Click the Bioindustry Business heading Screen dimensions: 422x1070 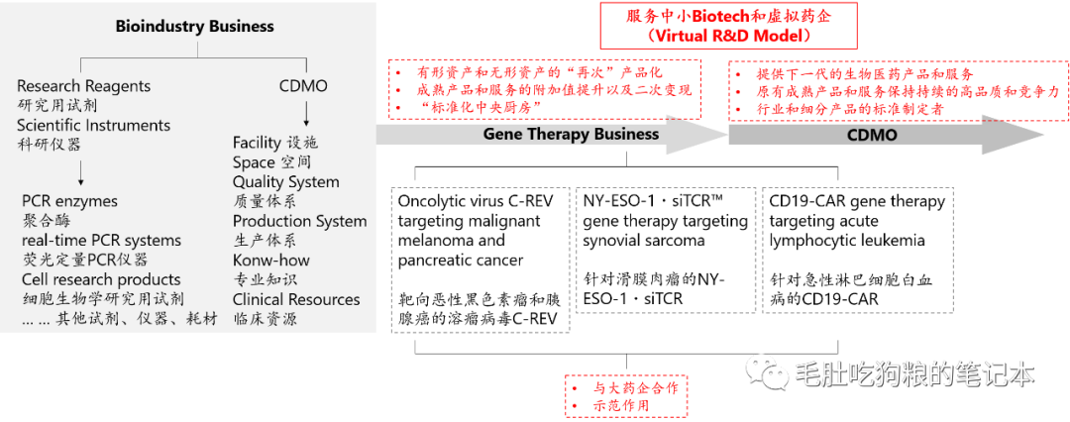(x=194, y=27)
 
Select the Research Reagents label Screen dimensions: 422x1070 (x=83, y=86)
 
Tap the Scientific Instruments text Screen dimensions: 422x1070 (x=93, y=125)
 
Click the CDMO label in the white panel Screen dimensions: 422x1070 (x=303, y=86)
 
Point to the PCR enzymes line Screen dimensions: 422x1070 (x=69, y=201)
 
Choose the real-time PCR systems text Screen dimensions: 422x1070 (x=101, y=240)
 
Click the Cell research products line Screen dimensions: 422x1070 (x=101, y=279)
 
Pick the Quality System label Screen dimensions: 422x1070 (x=285, y=182)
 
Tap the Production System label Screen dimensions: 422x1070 (x=299, y=221)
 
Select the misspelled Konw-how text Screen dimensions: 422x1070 (x=270, y=261)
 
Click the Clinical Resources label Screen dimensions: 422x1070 (x=296, y=299)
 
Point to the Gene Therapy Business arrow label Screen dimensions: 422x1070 (x=571, y=134)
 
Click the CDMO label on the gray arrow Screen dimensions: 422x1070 (x=872, y=135)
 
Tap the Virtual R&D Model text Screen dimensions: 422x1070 (x=727, y=35)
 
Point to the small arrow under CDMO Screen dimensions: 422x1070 (x=303, y=111)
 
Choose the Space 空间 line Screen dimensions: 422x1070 (x=271, y=162)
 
